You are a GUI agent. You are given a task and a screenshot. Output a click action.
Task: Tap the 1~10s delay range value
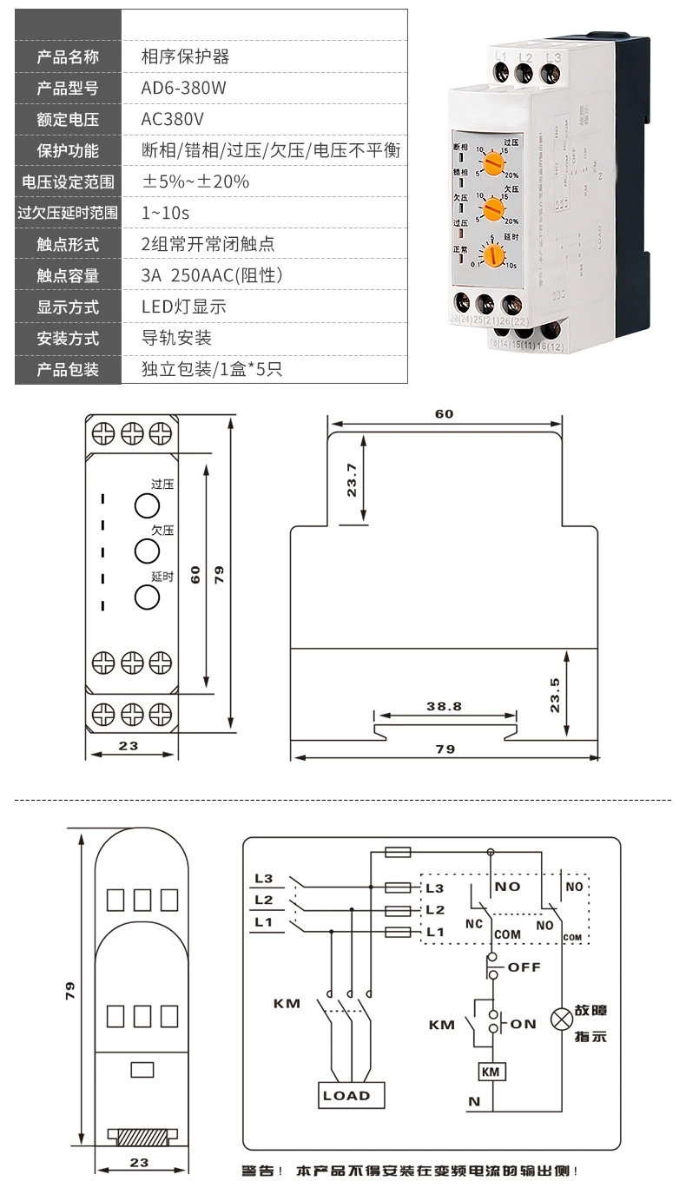pos(165,213)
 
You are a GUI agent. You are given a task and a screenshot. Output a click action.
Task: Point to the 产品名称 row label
pos(68,56)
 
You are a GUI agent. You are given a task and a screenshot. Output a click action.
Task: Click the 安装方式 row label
pos(68,338)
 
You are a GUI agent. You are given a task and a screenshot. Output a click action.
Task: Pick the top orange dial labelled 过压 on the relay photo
pos(494,162)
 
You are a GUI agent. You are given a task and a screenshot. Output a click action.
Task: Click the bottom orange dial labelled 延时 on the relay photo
pos(494,255)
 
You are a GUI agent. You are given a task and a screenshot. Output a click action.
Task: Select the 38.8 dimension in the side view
pos(444,706)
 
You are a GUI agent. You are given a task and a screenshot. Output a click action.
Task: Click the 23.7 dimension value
pos(352,480)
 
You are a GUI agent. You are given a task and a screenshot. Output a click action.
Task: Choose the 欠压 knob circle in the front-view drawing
pos(147,551)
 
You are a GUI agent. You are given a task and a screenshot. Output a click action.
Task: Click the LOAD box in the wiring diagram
pos(346,1095)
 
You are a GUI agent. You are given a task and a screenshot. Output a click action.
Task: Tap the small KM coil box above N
pos(491,1072)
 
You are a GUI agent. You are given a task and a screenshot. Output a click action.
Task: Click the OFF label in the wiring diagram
pos(524,967)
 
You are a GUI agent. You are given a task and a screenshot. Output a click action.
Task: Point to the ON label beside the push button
pos(523,1024)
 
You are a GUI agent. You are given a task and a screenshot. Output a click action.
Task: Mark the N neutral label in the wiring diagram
pos(473,1102)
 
